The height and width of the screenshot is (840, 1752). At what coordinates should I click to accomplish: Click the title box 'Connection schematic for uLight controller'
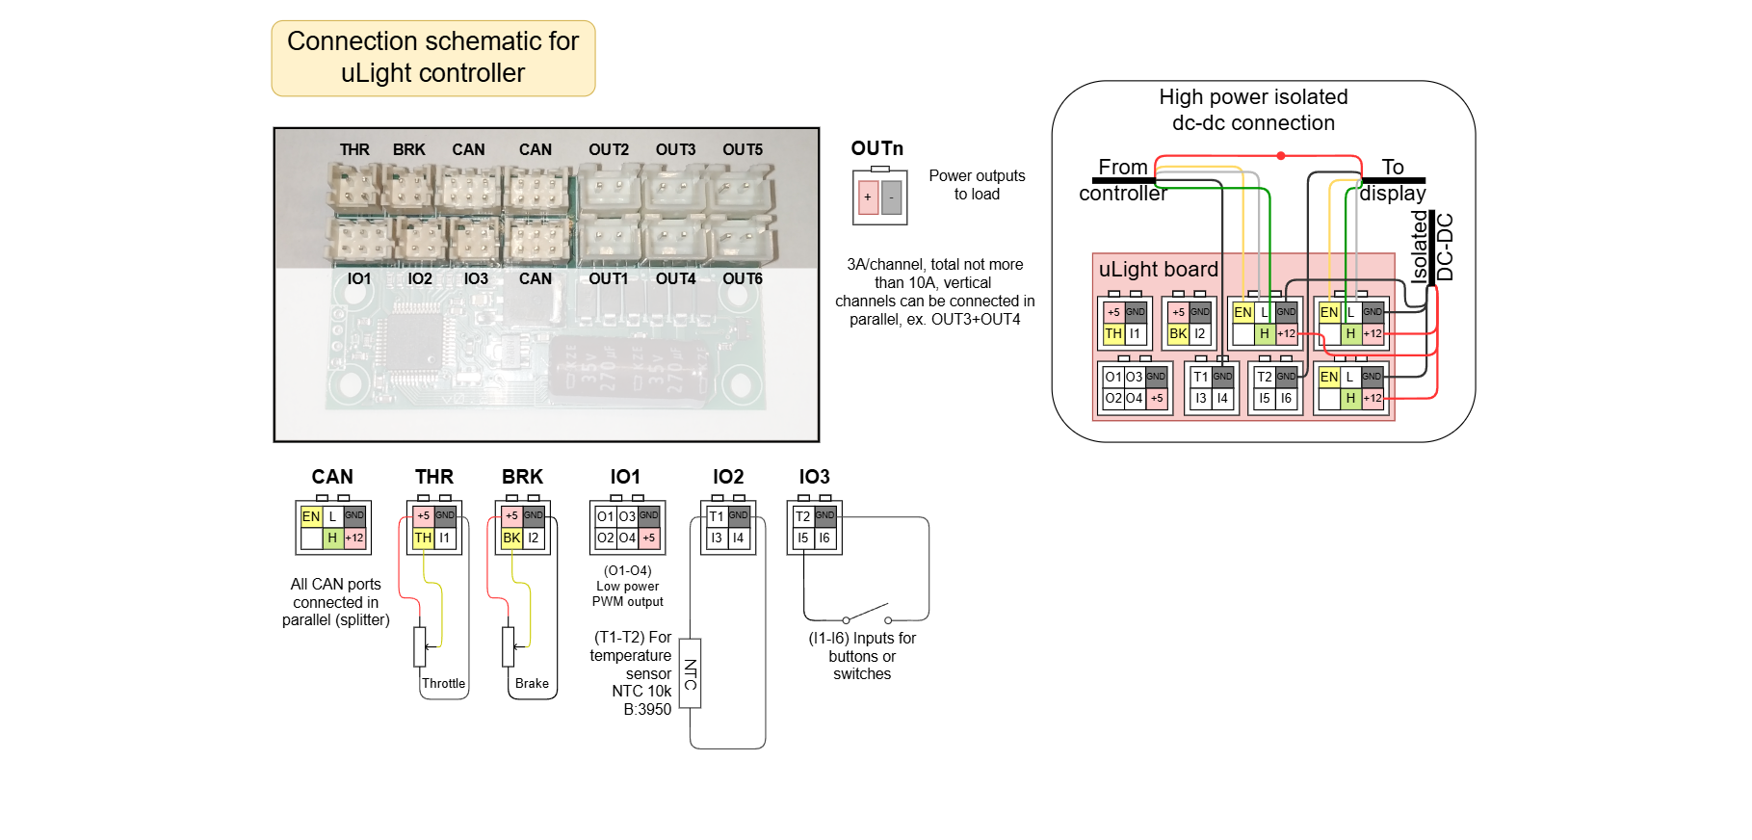pyautogui.click(x=433, y=58)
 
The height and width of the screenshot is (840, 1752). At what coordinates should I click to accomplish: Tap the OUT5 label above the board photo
pyautogui.click(x=743, y=150)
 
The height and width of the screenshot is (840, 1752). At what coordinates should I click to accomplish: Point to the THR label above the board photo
pyautogui.click(x=354, y=150)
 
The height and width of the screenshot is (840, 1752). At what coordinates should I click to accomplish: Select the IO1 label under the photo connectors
pyautogui.click(x=359, y=278)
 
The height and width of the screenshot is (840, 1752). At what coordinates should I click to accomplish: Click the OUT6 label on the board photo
pyautogui.click(x=743, y=278)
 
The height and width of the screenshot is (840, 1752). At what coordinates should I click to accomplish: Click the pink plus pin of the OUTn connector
pyautogui.click(x=868, y=197)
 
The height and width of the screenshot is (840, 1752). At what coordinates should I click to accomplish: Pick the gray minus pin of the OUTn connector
pyautogui.click(x=892, y=197)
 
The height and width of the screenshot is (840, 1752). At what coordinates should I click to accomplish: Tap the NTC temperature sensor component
pyautogui.click(x=691, y=673)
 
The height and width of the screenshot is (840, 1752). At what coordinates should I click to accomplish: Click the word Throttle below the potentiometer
pyautogui.click(x=443, y=683)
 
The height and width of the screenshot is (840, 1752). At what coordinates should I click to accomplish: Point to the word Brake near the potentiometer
pyautogui.click(x=532, y=683)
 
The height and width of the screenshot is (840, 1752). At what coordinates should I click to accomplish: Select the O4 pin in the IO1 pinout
pyautogui.click(x=627, y=538)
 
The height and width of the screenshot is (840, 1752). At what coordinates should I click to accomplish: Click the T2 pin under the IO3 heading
pyautogui.click(x=802, y=516)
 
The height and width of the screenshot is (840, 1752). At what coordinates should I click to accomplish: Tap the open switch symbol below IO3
pyautogui.click(x=867, y=614)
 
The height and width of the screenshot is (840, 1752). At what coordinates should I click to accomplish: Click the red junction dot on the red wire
pyautogui.click(x=1281, y=155)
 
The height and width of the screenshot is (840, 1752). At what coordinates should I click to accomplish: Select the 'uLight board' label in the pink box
pyautogui.click(x=1159, y=270)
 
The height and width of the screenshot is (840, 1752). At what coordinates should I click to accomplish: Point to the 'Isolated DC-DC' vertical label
pyautogui.click(x=1431, y=247)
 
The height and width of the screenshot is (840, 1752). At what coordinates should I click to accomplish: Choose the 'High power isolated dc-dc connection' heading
pyautogui.click(x=1253, y=110)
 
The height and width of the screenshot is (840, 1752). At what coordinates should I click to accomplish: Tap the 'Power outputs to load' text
pyautogui.click(x=977, y=185)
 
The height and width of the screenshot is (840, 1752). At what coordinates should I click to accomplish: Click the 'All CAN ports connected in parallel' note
pyautogui.click(x=336, y=602)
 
